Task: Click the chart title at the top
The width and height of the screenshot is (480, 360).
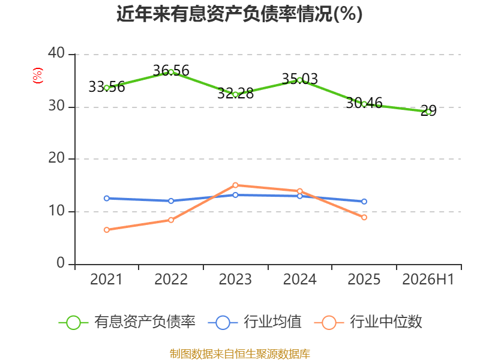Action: (x=239, y=14)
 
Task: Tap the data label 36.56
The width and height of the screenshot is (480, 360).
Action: (x=171, y=71)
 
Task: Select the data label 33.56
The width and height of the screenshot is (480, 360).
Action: (x=107, y=87)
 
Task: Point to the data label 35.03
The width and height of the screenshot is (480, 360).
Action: (x=299, y=79)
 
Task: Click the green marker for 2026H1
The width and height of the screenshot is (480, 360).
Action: (x=428, y=112)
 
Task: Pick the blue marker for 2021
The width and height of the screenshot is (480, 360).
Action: (x=107, y=199)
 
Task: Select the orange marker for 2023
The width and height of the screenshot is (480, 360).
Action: (x=235, y=185)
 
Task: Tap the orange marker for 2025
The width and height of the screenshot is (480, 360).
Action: (x=364, y=217)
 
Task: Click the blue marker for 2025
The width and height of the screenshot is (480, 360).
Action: (x=364, y=202)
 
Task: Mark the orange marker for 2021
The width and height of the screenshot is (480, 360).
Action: (x=107, y=230)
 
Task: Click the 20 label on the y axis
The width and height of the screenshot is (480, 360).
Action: (x=56, y=158)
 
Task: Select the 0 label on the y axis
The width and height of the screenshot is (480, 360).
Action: (x=61, y=263)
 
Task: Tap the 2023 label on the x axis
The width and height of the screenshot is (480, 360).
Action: (x=235, y=280)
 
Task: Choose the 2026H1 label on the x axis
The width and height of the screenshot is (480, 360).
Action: (x=428, y=280)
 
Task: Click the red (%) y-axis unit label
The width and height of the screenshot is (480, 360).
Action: (x=38, y=76)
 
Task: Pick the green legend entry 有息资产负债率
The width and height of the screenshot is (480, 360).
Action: (x=127, y=322)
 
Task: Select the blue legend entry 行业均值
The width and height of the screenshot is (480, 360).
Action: (x=254, y=322)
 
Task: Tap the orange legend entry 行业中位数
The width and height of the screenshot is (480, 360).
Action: (x=368, y=322)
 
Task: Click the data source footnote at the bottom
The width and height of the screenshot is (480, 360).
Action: (x=239, y=354)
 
